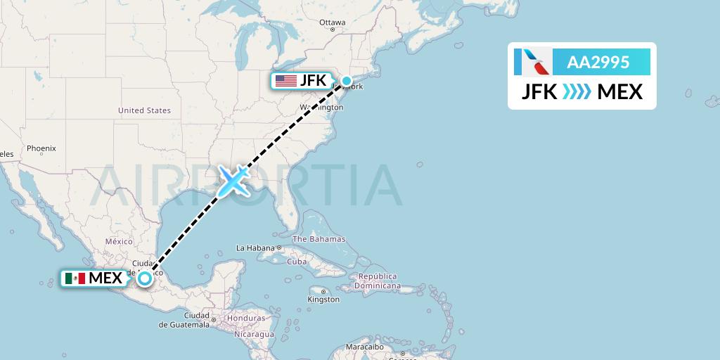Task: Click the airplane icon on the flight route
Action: (233, 181)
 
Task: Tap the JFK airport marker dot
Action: (347, 81)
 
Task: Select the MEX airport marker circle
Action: (144, 278)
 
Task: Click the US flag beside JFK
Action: (285, 81)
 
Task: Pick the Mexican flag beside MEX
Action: (75, 278)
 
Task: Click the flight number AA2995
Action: (598, 62)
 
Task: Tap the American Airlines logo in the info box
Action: (533, 62)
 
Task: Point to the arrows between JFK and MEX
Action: (577, 91)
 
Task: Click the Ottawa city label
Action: (333, 22)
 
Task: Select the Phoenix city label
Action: (41, 148)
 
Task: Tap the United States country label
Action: (144, 110)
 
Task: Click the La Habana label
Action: (255, 247)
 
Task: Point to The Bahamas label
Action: (319, 239)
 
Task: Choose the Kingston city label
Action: (323, 300)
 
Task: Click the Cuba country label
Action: (297, 262)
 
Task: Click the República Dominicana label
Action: (378, 281)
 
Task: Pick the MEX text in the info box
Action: (619, 91)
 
